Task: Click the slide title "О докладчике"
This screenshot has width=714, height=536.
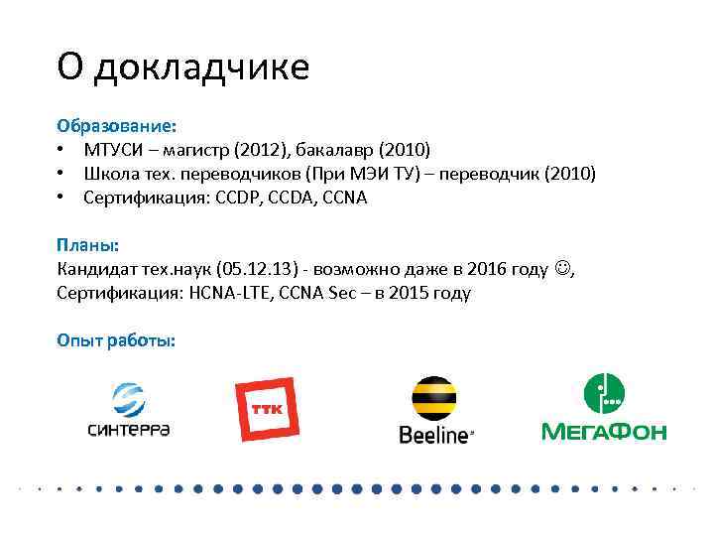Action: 182,67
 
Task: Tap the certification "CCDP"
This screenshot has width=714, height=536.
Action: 252,198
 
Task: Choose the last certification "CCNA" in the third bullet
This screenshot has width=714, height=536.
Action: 344,198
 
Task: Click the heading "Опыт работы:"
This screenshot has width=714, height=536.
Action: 116,340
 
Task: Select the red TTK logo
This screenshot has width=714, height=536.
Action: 265,409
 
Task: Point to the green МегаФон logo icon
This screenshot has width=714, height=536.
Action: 603,394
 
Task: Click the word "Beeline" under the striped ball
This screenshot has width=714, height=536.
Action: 433,435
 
